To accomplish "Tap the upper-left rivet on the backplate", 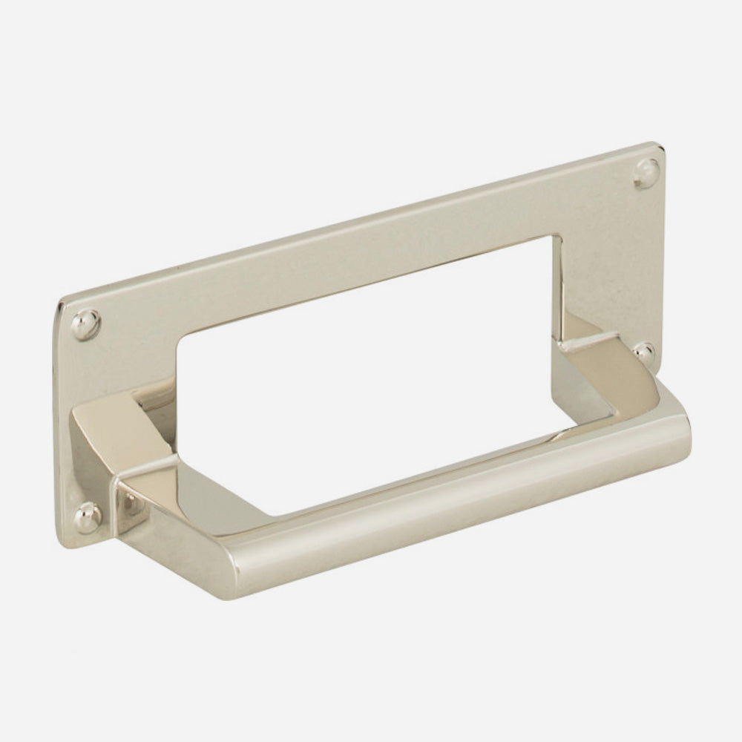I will pyautogui.click(x=83, y=324).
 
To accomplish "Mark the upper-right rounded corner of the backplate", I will pyautogui.click(x=659, y=146).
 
